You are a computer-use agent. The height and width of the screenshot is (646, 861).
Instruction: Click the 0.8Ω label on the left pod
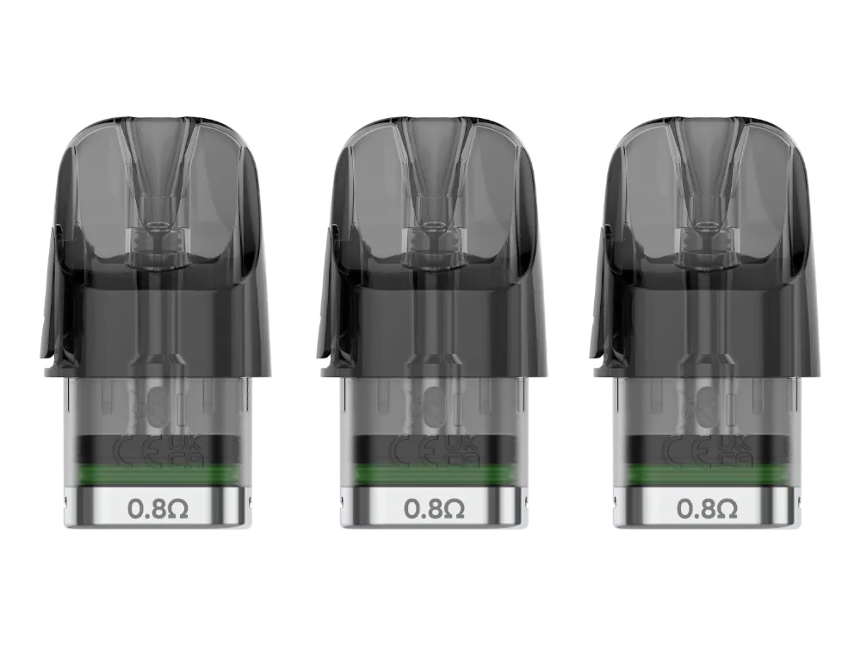pos(158,509)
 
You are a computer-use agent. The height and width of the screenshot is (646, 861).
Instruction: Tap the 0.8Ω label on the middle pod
pos(434,509)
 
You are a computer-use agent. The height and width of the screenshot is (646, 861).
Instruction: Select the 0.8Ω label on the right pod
pos(707,509)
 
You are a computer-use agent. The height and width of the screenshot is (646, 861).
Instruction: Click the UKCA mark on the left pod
pos(187,451)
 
